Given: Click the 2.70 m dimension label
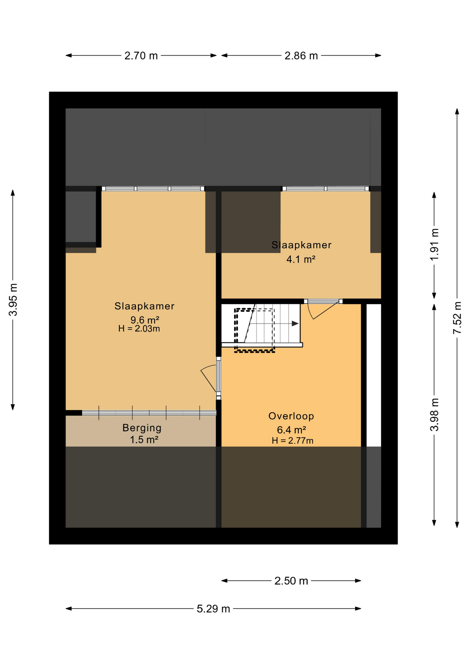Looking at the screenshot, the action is tap(141, 56).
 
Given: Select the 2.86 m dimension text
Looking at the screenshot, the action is tap(301, 56).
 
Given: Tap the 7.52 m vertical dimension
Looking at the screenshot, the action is tap(458, 318).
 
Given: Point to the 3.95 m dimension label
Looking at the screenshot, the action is tap(13, 300).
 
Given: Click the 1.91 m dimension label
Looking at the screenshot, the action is tap(434, 245).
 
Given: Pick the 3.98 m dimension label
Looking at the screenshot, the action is tap(434, 415).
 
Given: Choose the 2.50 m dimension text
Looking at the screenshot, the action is tap(291, 581).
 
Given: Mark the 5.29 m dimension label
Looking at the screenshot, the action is tap(213, 609).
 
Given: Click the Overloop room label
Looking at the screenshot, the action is tap(291, 416).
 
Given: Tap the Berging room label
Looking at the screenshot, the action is tap(142, 428).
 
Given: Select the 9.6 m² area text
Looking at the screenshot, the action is tap(145, 320).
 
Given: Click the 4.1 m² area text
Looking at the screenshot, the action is tap(301, 259).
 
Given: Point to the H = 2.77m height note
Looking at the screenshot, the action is tap(292, 441).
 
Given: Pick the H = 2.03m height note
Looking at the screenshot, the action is tap(139, 329).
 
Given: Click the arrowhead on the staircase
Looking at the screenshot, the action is tap(295, 324).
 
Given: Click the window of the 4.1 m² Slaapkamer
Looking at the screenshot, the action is tap(326, 188).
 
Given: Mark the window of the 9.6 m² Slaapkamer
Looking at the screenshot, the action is tap(153, 188).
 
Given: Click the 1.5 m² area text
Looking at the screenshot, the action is tap(144, 440).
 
